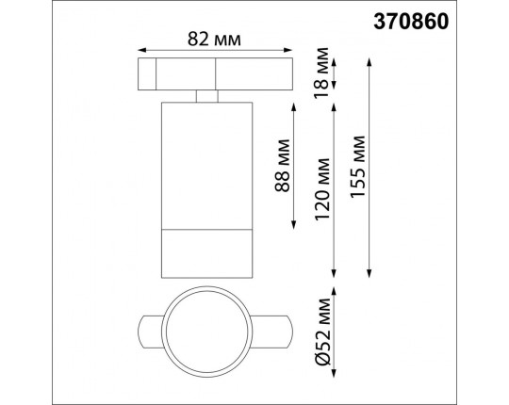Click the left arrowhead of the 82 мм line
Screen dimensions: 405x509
140,51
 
